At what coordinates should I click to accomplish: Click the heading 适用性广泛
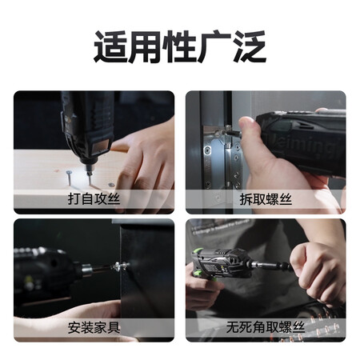tap(179, 47)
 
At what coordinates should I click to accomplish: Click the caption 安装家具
tap(94, 327)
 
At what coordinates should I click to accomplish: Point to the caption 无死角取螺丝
tap(266, 327)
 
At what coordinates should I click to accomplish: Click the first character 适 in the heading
tap(110, 47)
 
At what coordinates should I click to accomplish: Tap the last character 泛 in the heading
tap(250, 47)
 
